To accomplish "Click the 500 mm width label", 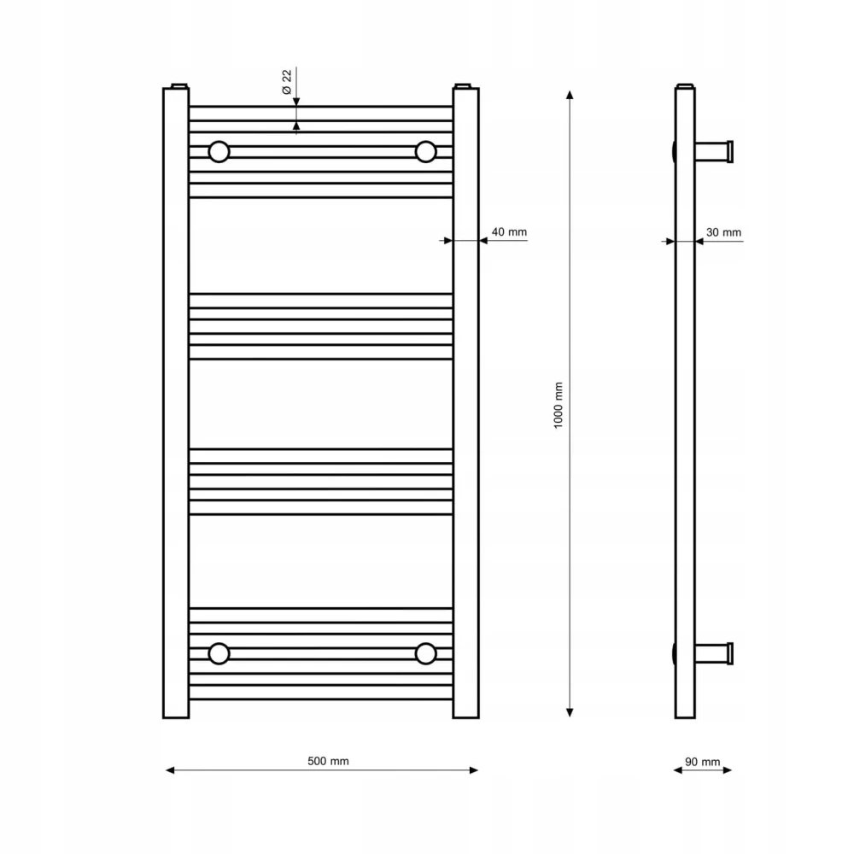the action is [328, 761].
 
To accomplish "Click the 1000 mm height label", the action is [559, 405].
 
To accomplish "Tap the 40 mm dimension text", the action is [509, 232].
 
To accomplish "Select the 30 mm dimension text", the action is [723, 232].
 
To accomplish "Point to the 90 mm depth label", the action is [703, 762].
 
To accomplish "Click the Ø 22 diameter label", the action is [287, 82].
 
